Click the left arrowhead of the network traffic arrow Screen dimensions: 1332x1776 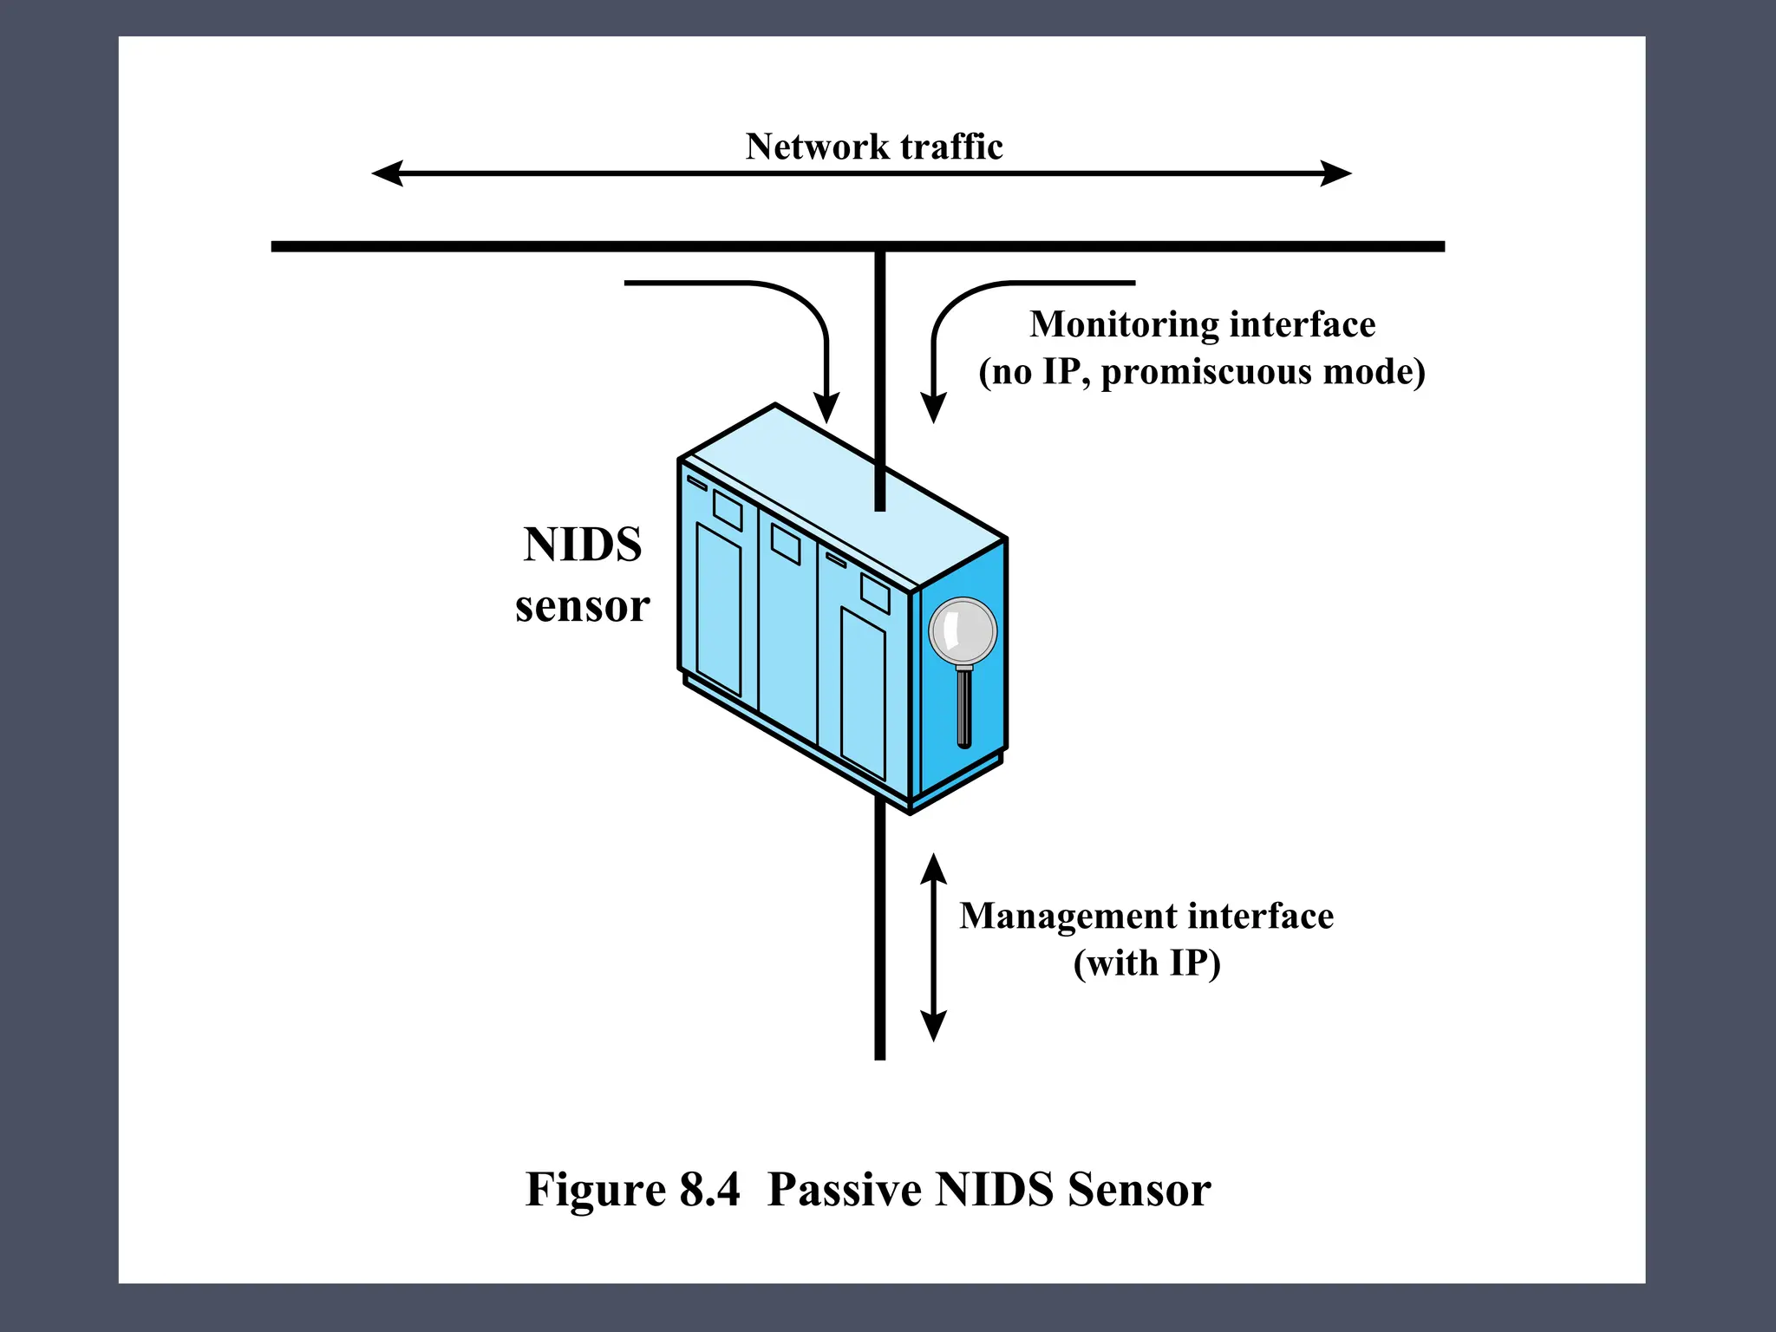387,173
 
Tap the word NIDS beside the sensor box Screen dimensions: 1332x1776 583,545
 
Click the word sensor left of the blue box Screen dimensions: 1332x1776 583,606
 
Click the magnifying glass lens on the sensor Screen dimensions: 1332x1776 963,631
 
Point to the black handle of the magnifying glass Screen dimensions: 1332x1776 963,707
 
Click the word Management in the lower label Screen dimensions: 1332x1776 1068,917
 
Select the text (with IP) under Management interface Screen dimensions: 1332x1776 1146,963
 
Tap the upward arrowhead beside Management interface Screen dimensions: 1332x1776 933,868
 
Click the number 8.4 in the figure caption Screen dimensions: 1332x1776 710,1190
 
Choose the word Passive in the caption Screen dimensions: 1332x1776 845,1190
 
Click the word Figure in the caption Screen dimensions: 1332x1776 595,1190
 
